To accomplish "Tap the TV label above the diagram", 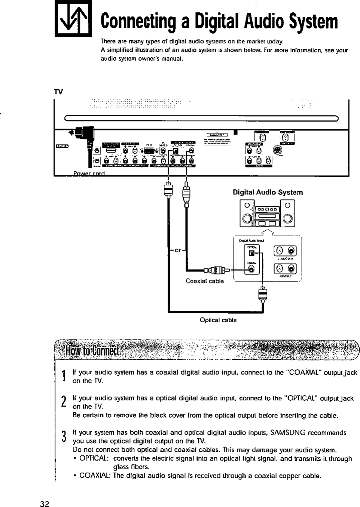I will tap(58, 92).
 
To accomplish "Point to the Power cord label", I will tap(89, 173).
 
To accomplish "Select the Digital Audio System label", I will tap(268, 193).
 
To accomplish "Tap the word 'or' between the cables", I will tap(178, 250).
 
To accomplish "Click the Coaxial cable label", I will tap(205, 281).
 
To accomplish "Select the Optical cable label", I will tap(218, 320).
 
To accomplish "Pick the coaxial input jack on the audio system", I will tap(252, 269).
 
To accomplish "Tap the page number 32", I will tap(45, 504).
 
